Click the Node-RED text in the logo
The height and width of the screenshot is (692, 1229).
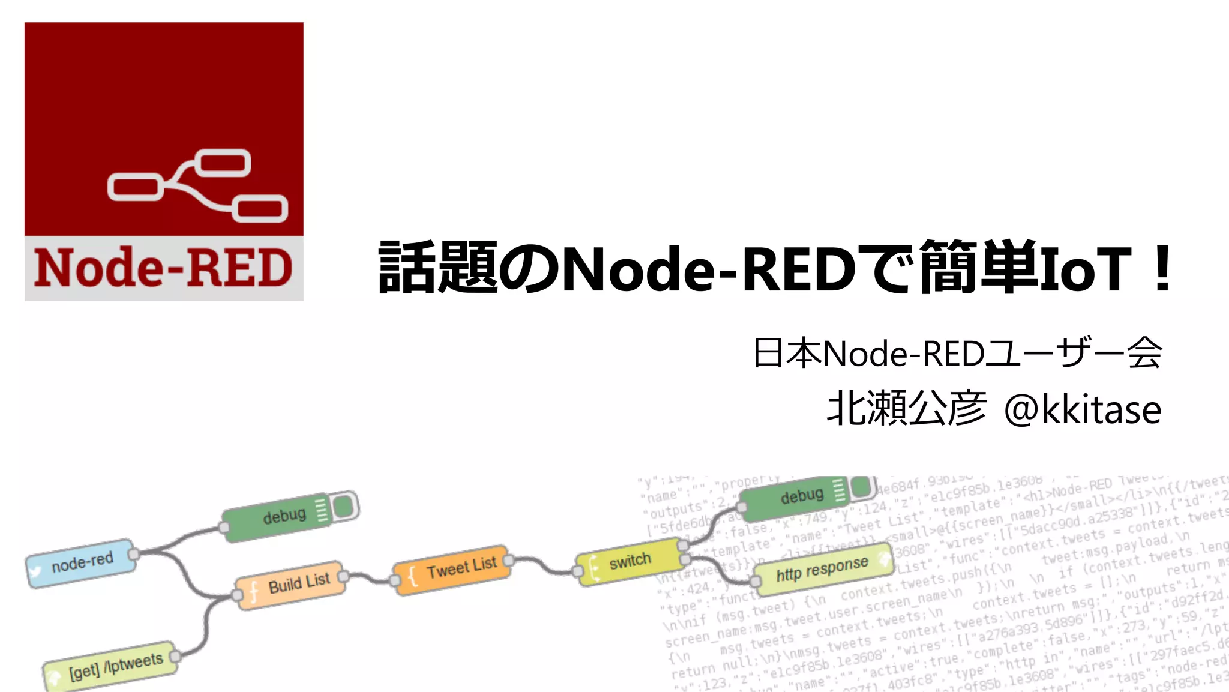tap(163, 268)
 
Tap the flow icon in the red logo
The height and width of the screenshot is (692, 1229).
tap(197, 185)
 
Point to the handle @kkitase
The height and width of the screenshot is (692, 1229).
tap(1083, 409)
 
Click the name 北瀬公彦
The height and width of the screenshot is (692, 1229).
tap(906, 409)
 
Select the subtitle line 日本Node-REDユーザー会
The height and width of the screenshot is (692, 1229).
tap(957, 353)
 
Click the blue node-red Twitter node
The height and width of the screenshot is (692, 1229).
tap(81, 562)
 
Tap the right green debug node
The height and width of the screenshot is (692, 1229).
tap(801, 496)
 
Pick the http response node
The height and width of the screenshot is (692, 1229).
tap(822, 568)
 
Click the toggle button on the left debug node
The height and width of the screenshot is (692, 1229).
tap(344, 506)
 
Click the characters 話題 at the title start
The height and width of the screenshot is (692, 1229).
tap(438, 268)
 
